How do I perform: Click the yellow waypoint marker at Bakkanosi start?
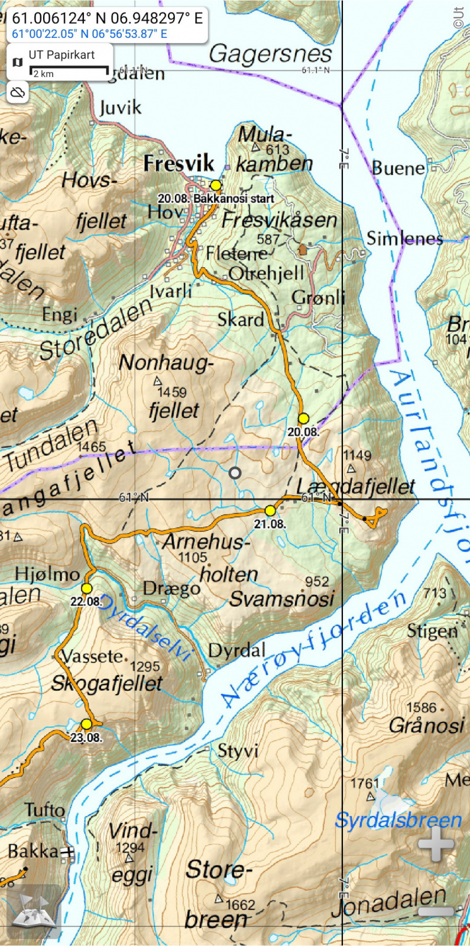[x=216, y=186]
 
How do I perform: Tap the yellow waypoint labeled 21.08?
[x=270, y=510]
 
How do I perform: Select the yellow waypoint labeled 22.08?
[x=87, y=588]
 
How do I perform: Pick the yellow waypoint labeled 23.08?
[x=87, y=724]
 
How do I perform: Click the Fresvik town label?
[x=178, y=163]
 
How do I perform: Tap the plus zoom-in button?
[x=436, y=844]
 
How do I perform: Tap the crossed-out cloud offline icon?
[x=18, y=92]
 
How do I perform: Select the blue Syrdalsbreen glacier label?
[x=398, y=820]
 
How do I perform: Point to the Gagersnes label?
[x=270, y=54]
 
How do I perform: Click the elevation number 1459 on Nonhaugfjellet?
[x=171, y=392]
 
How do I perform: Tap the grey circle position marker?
[x=235, y=472]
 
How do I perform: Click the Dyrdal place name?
[x=236, y=650]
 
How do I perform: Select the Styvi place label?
[x=238, y=751]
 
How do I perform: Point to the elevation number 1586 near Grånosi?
[x=421, y=707]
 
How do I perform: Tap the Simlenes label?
[x=404, y=238]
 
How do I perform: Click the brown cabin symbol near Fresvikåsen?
[x=303, y=249]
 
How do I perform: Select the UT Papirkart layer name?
[x=61, y=55]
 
